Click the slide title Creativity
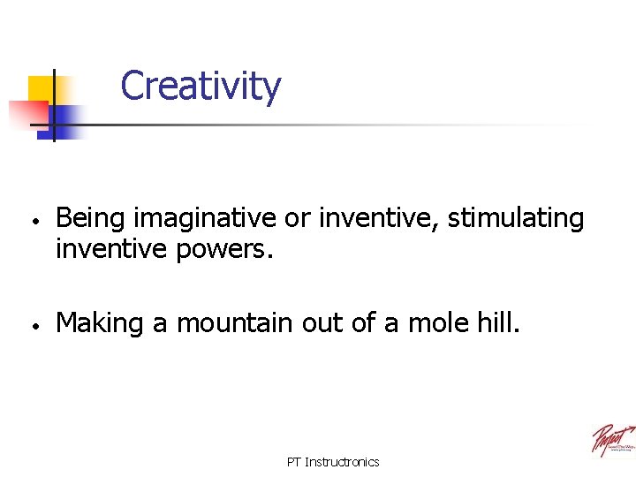click(201, 87)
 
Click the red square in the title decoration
click(26, 113)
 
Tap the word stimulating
click(516, 218)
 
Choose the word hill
click(500, 323)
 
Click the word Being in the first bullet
click(90, 218)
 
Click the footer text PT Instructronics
click(333, 462)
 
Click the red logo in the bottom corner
click(612, 439)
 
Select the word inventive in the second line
click(111, 249)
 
